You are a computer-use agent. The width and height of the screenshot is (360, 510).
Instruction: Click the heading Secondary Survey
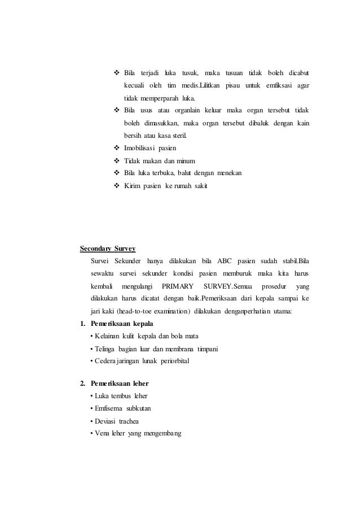tap(108, 248)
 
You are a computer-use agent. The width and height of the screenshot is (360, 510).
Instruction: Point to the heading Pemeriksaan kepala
tap(117, 324)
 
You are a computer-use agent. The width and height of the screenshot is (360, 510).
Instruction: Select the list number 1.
tap(82, 324)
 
